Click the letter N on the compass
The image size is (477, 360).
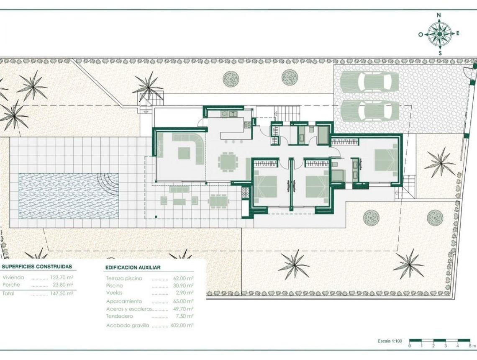click(439, 15)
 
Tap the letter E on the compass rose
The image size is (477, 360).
click(457, 33)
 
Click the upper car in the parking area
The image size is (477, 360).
click(369, 82)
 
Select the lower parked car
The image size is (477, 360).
click(369, 111)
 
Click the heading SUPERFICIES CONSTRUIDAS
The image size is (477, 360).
click(37, 267)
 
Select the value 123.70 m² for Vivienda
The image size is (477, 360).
click(62, 278)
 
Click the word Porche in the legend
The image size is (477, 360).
click(11, 285)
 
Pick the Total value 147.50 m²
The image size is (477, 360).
click(62, 293)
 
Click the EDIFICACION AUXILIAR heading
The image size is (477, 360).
click(133, 267)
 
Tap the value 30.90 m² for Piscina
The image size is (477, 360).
click(183, 285)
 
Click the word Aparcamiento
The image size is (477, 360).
click(124, 301)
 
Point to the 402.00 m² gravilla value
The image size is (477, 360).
click(182, 325)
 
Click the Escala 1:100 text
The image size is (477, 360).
click(390, 341)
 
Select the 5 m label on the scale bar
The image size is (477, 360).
click(472, 346)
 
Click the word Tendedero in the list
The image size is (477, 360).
click(119, 316)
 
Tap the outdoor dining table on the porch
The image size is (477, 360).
click(218, 201)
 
